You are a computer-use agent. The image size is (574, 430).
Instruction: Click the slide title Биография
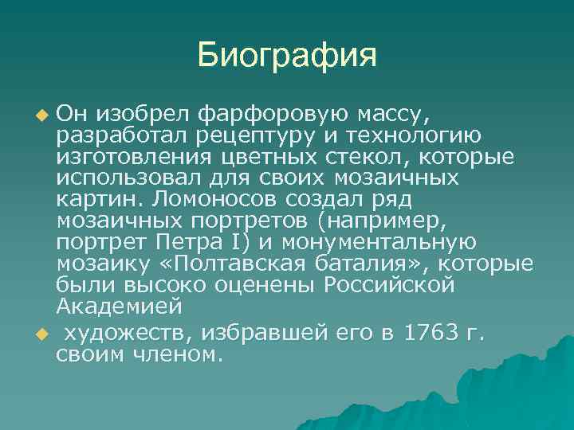click(286, 57)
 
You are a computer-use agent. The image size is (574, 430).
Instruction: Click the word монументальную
click(398, 240)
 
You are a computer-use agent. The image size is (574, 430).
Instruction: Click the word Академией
click(120, 306)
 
